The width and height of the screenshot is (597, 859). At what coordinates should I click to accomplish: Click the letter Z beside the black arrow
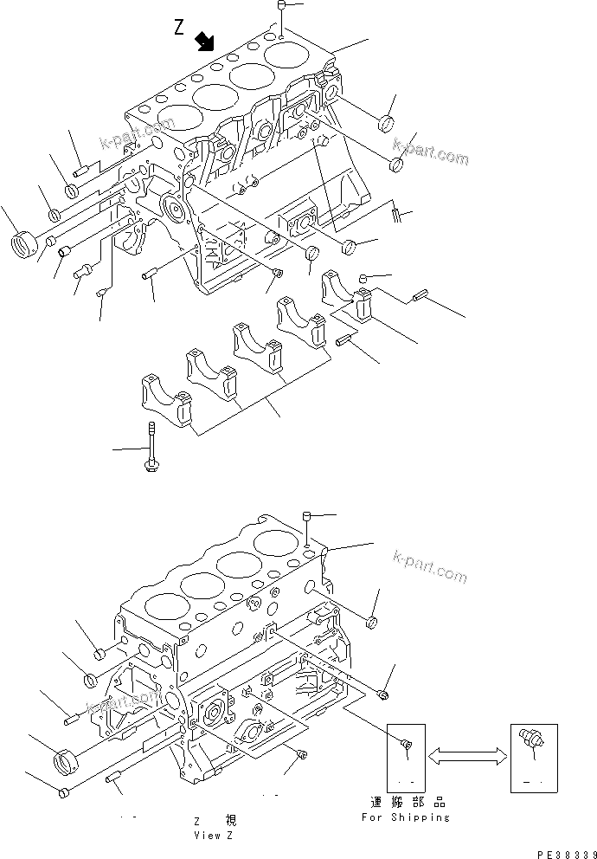point(179,29)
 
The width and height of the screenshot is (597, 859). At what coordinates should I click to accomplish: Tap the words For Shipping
point(405,817)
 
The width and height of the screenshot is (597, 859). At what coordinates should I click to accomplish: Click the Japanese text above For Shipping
point(405,802)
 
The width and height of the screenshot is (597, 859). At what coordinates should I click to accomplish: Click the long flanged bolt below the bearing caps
point(151,447)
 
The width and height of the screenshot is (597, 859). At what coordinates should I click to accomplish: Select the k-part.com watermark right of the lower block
point(429,568)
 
